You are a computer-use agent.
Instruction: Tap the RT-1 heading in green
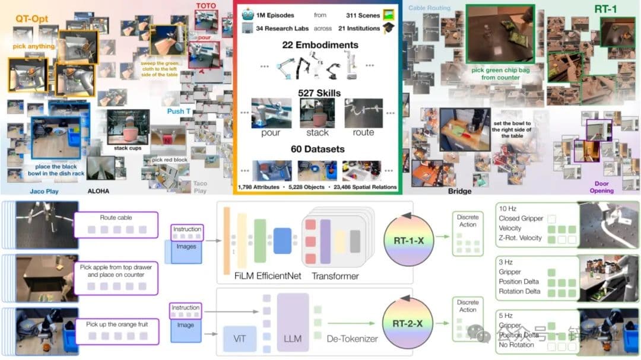click(x=607, y=9)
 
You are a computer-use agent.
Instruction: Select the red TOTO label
click(x=206, y=6)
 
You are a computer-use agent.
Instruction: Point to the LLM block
click(x=292, y=339)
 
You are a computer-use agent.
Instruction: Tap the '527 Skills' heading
click(x=318, y=93)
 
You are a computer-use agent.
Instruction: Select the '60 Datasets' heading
click(x=318, y=149)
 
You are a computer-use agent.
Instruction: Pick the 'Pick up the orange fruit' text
click(x=116, y=324)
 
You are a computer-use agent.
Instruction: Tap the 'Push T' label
click(x=179, y=111)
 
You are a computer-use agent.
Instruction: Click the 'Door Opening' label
click(x=601, y=187)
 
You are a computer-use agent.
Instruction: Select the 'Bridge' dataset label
click(x=459, y=191)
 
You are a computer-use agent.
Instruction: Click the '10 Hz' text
click(x=509, y=209)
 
